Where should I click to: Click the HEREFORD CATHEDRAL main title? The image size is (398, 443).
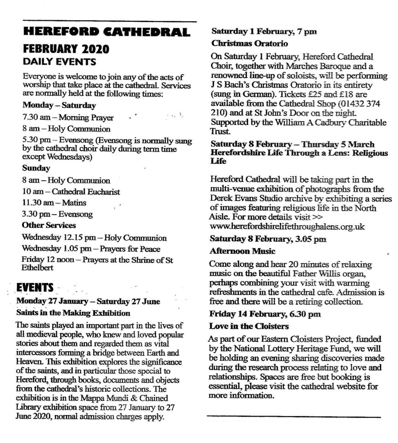coord(107,32)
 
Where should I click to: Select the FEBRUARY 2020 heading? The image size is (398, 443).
coord(66,48)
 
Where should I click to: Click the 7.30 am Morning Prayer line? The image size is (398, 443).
coord(68,118)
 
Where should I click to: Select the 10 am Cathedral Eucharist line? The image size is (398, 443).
coord(71,192)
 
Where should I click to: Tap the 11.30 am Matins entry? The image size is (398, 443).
coord(54,203)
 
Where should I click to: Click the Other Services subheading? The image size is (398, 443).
coord(49,226)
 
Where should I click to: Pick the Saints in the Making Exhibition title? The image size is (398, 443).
coord(73,313)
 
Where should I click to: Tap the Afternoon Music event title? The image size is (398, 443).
coord(243,251)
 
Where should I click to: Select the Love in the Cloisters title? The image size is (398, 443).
coord(249,326)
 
